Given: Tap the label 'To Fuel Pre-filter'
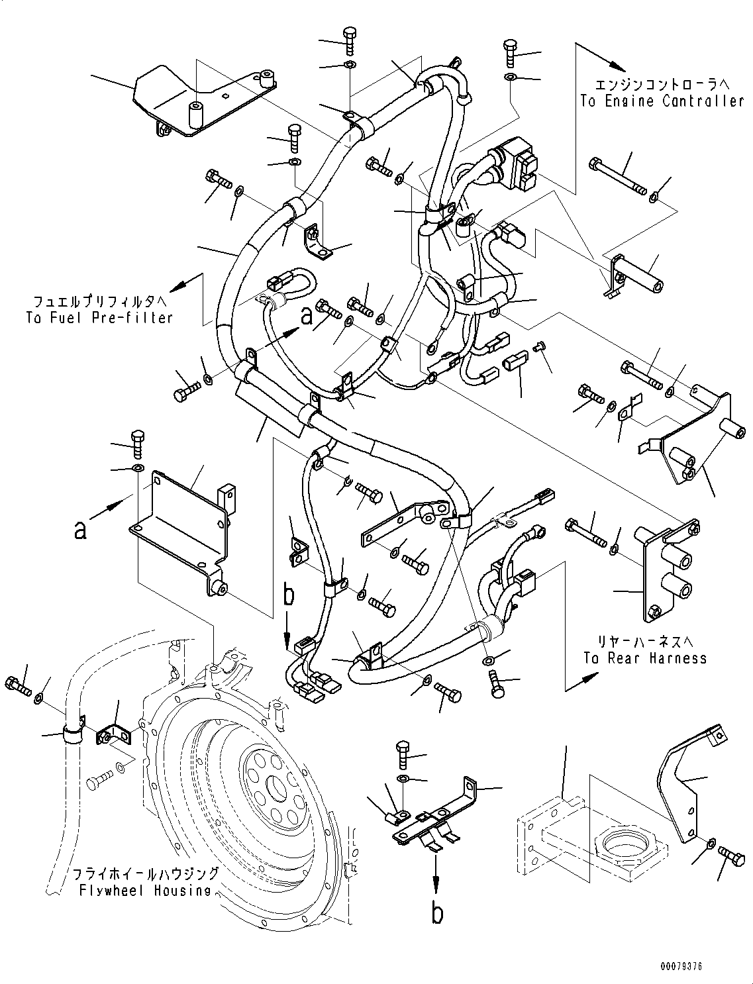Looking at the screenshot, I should click(99, 317).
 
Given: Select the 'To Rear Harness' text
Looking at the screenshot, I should click(645, 658).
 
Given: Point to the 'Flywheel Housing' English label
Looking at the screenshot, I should click(144, 890).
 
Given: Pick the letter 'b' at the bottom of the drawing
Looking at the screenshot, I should click(436, 913).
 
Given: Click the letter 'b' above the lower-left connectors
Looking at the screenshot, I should click(288, 596).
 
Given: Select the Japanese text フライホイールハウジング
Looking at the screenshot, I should click(144, 873).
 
